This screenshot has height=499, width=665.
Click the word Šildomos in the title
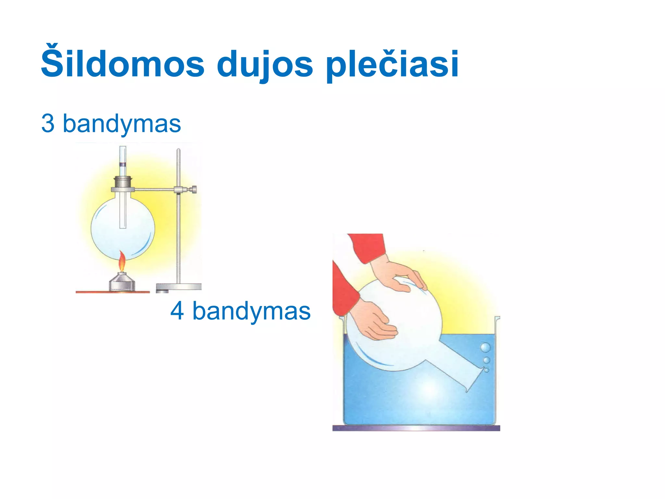pos(122,64)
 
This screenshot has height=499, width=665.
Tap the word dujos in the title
pos(265,64)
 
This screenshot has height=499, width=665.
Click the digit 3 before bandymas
pos(48,123)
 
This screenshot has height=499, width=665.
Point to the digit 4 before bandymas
pos(177,311)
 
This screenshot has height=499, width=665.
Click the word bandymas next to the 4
pos(252,311)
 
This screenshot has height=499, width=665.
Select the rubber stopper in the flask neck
pos(123,182)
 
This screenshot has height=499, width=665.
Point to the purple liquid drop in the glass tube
pos(123,165)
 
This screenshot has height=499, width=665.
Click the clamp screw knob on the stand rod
pos(194,189)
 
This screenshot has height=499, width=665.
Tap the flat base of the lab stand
pos(179,287)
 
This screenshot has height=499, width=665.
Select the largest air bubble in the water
pos(485,348)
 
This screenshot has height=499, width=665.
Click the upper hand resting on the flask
pos(399,273)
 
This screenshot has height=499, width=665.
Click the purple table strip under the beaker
pos(416,428)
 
